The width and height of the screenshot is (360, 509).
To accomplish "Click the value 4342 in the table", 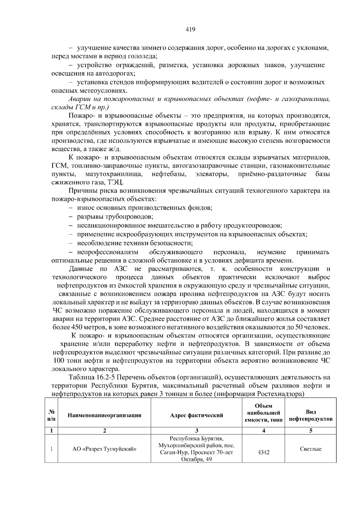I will pyautogui.click(x=263, y=452).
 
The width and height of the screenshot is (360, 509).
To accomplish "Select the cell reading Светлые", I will pyautogui.click(x=310, y=449).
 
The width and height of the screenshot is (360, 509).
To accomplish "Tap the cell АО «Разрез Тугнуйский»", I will pyautogui.click(x=104, y=449).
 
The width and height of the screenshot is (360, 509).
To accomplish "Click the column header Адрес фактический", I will pyautogui.click(x=196, y=415).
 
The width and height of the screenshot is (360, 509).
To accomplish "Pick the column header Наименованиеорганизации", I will pyautogui.click(x=104, y=415).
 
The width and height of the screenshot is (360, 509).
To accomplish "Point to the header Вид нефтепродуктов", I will pyautogui.click(x=310, y=415).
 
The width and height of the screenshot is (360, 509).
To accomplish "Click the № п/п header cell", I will pyautogui.click(x=52, y=415).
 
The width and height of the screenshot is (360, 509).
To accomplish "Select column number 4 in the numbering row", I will pyautogui.click(x=263, y=431).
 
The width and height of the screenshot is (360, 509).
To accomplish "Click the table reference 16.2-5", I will pyautogui.click(x=108, y=377).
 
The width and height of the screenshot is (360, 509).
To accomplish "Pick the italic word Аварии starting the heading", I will pyautogui.click(x=79, y=99).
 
